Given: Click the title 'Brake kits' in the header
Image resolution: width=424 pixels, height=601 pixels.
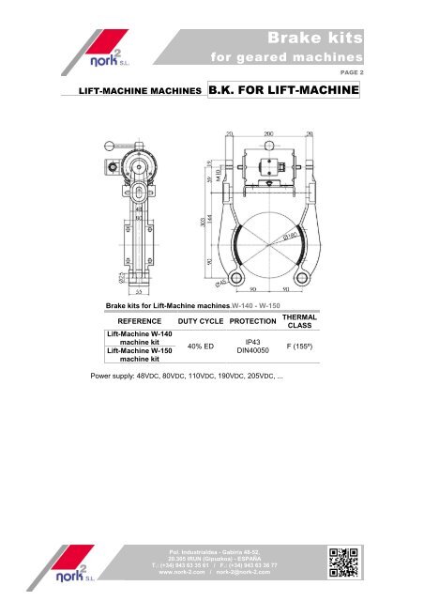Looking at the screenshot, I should [315, 39].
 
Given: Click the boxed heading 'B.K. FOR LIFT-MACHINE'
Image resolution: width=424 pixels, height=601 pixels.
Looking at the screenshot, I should [284, 91].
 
